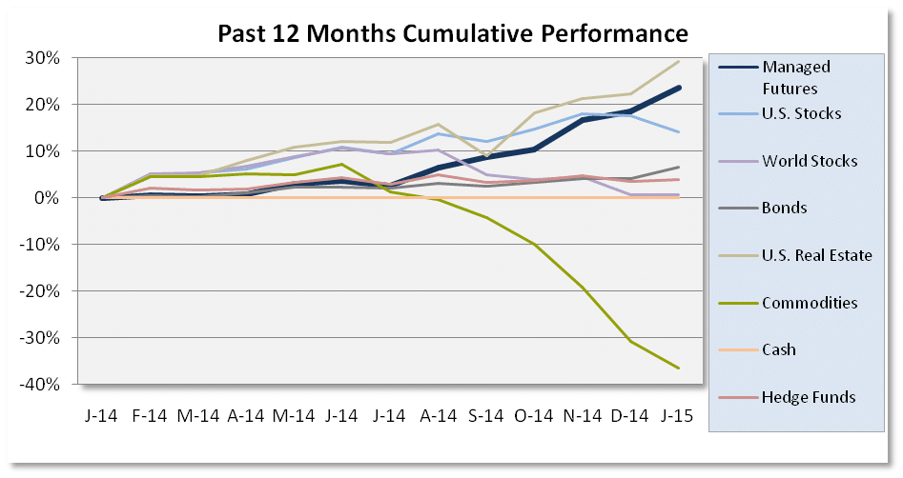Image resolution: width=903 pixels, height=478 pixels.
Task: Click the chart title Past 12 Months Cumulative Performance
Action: point(452,34)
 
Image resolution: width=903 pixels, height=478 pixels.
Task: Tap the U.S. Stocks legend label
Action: point(801,114)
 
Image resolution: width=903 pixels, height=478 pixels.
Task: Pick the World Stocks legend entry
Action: point(809,161)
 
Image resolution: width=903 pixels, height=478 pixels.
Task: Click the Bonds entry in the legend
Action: point(784,209)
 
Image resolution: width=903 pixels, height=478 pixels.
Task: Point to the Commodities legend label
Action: point(810,303)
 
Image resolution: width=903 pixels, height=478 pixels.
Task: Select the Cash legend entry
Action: point(778,349)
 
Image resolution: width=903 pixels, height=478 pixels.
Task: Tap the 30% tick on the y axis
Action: point(47,58)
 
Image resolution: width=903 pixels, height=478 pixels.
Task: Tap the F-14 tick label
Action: point(151,417)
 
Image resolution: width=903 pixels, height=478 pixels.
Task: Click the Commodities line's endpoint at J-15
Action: point(679,368)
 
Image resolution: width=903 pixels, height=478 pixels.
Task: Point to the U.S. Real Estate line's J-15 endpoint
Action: point(679,61)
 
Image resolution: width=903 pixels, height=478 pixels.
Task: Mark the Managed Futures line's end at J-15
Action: point(679,88)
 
